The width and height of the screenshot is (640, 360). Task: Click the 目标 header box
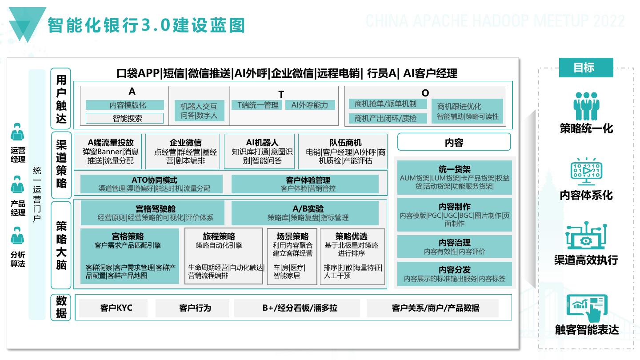click(x=586, y=68)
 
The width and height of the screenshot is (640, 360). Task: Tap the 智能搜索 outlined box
click(x=124, y=118)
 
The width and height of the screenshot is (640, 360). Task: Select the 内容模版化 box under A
click(x=124, y=105)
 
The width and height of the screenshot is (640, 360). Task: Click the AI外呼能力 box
click(x=310, y=105)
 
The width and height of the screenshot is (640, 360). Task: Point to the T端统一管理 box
click(x=258, y=105)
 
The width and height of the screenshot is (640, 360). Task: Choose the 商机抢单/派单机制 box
click(x=385, y=104)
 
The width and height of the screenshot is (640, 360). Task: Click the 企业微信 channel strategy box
click(x=183, y=152)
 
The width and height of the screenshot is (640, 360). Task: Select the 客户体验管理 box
click(x=305, y=184)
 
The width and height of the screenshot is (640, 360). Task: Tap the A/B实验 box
click(x=305, y=213)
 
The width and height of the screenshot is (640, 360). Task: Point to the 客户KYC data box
click(x=116, y=308)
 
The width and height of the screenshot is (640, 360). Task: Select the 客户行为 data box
click(x=195, y=308)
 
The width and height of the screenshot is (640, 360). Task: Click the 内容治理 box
click(x=454, y=247)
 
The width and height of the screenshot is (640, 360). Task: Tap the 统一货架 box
click(x=454, y=177)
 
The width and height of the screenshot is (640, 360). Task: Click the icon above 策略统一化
click(x=586, y=106)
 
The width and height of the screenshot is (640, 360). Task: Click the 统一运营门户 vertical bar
click(x=37, y=195)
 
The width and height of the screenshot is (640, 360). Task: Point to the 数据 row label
click(x=61, y=307)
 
